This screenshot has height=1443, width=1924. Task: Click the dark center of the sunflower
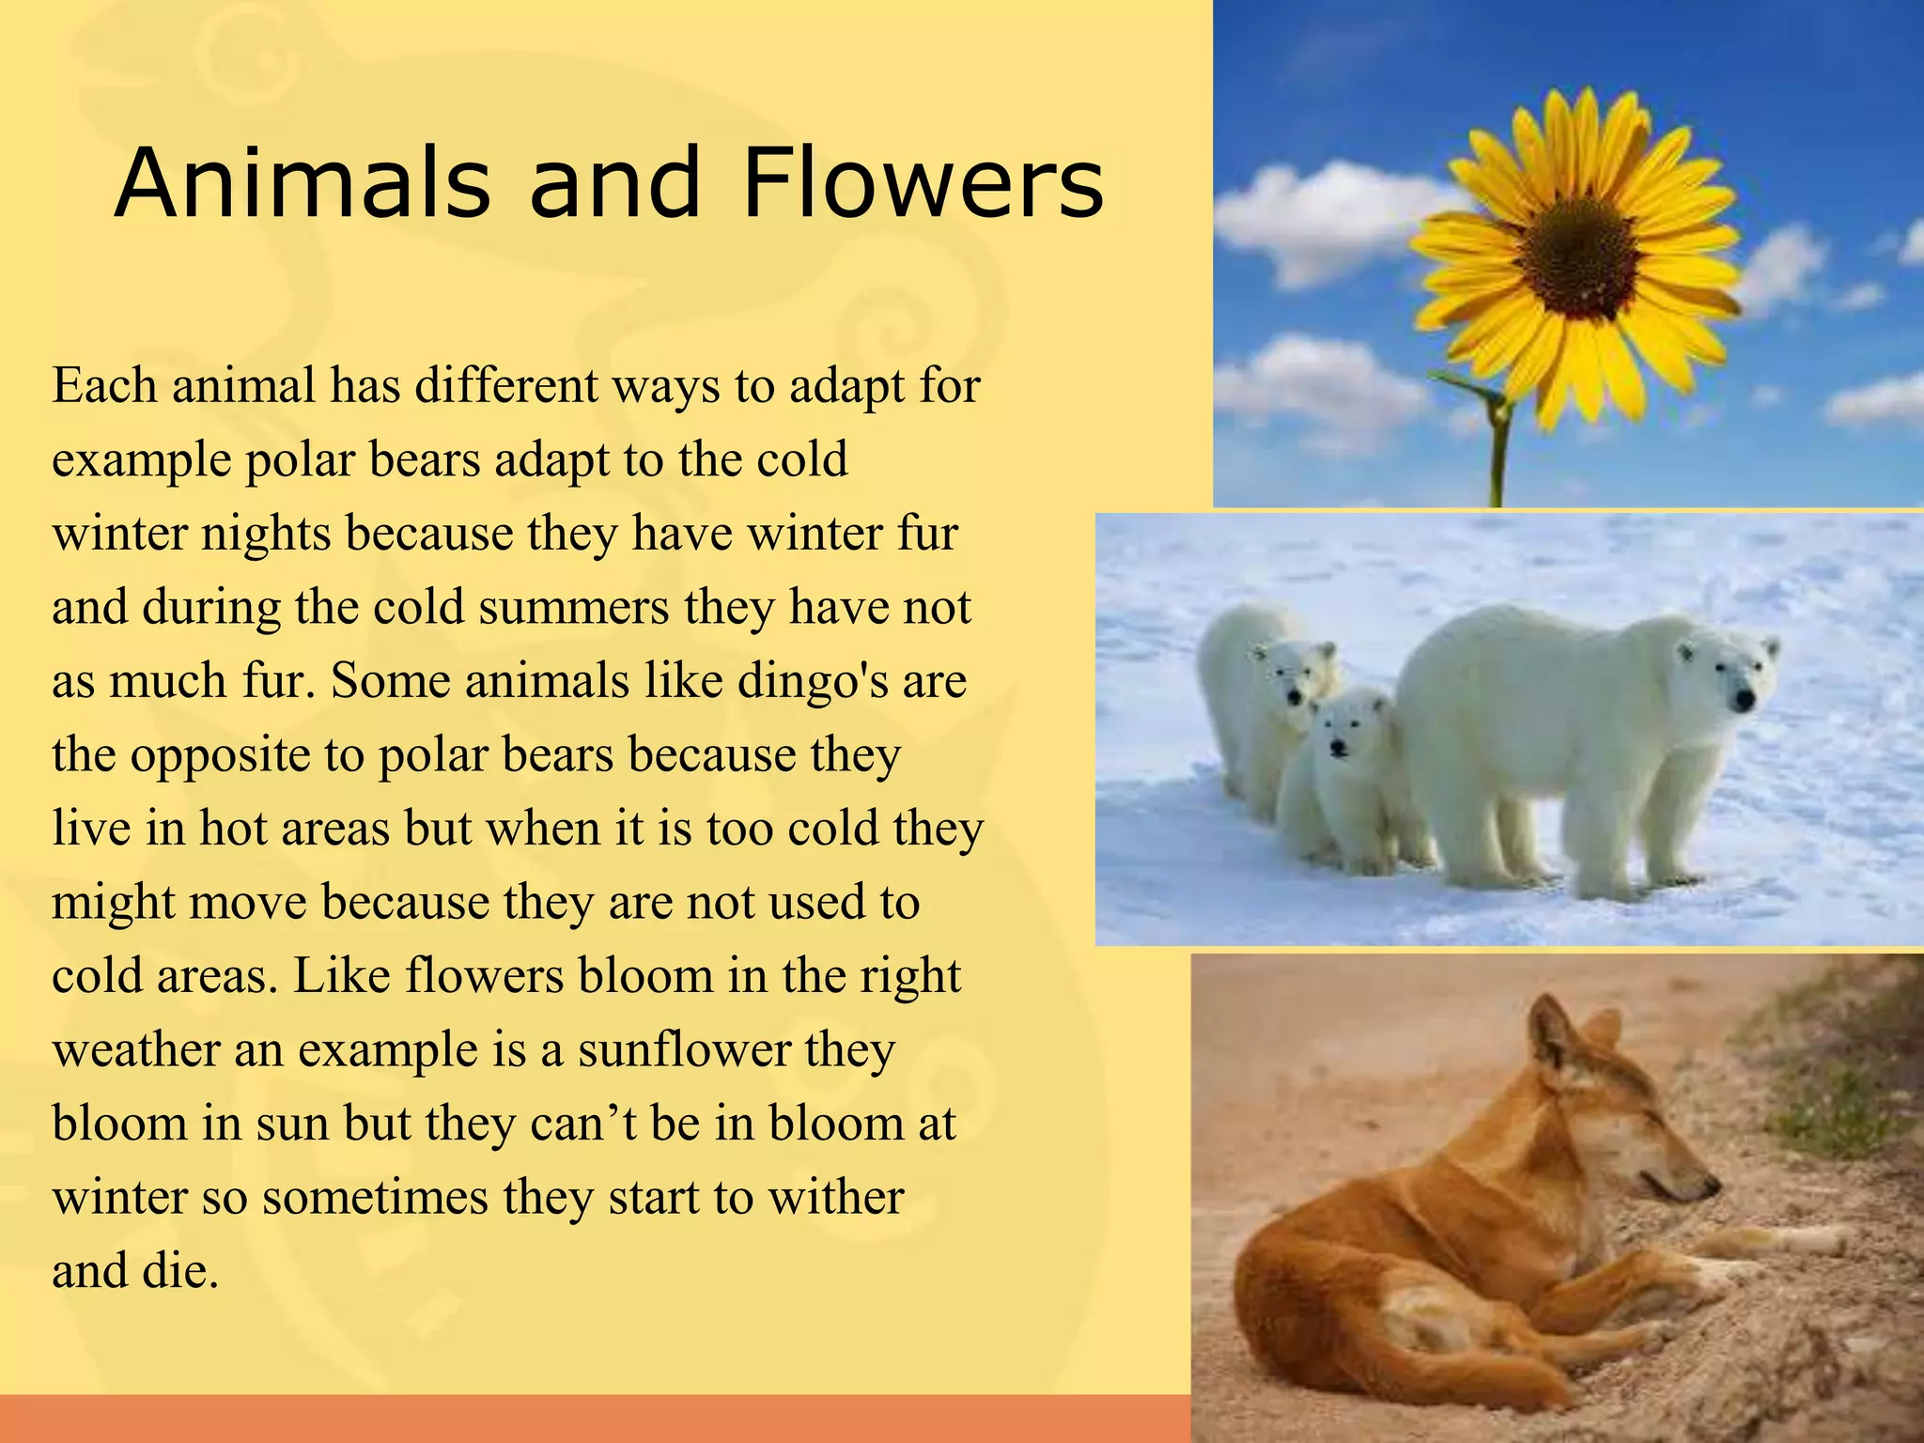coord(1577,255)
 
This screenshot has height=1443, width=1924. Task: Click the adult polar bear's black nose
coord(1745,701)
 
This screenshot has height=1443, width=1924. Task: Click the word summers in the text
coord(574,608)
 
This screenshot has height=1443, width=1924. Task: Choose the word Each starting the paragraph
coord(104,386)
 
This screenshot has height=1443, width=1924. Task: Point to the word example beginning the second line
coord(141,461)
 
